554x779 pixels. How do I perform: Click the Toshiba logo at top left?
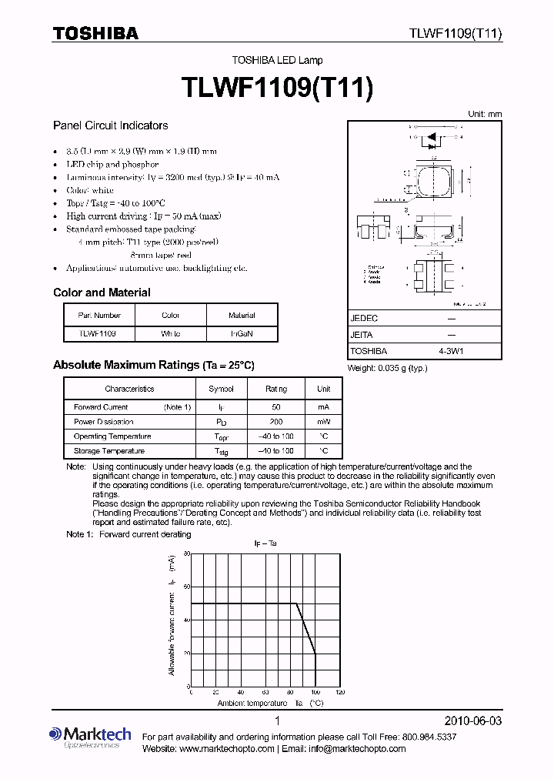[95, 33]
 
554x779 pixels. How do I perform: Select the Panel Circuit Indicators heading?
[110, 125]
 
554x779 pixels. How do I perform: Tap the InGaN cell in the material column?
[242, 334]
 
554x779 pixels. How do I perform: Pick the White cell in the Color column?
[171, 334]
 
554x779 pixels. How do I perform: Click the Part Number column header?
[99, 315]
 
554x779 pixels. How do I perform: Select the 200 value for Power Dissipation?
[276, 422]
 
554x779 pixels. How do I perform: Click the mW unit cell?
[323, 422]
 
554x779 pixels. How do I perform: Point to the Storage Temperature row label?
[109, 451]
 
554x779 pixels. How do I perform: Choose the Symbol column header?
[222, 389]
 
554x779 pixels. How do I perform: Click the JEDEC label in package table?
[364, 318]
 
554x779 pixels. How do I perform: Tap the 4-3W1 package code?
[451, 350]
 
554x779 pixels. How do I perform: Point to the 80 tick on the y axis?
[185, 555]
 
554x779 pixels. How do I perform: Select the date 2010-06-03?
[473, 721]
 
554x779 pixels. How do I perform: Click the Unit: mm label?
[485, 114]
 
